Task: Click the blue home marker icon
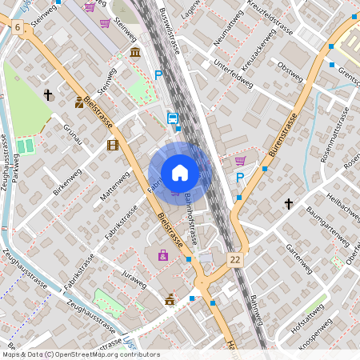coord(180,172)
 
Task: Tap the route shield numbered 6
coord(18,28)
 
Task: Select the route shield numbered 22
coord(234,260)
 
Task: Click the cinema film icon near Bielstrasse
coord(113,145)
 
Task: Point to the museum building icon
coord(135,52)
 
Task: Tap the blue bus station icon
coord(172,118)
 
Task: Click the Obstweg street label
coord(290,70)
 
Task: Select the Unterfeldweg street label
coord(234,77)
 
